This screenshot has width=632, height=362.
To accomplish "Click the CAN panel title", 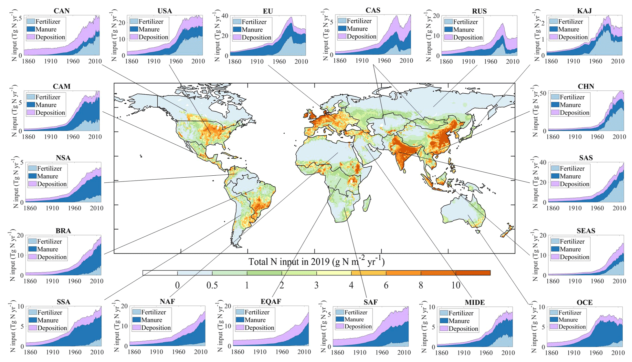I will [x=61, y=11].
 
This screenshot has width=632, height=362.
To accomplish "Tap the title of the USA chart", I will [x=165, y=11].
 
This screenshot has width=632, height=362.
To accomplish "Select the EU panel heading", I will [x=268, y=11].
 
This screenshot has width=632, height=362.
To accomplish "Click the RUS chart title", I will [x=479, y=11].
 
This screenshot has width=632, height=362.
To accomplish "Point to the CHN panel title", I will [x=586, y=86].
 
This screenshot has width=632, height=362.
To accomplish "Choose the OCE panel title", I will [x=585, y=302].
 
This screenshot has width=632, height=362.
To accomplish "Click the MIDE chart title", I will [x=475, y=302].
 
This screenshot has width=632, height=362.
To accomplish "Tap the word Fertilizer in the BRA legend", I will [x=49, y=241].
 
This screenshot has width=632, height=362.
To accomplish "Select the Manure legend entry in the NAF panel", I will [x=152, y=320].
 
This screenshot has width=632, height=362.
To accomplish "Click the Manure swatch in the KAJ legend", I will [x=553, y=29].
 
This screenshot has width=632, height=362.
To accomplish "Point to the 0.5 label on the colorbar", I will [x=212, y=285].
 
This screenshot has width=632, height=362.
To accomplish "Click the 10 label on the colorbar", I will [x=456, y=285].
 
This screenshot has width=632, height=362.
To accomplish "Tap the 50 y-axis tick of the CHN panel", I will [x=543, y=93].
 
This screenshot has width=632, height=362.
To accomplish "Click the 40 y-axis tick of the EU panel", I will [x=225, y=16].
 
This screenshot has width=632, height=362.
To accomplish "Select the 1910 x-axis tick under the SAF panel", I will [x=359, y=352].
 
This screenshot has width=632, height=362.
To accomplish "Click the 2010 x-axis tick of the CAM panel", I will [x=95, y=137].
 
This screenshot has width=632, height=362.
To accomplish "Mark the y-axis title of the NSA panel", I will [x=16, y=182].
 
